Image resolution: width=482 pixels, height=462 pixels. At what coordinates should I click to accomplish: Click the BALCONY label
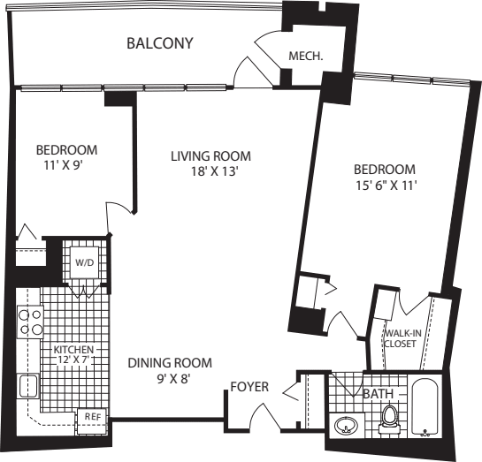tap(159, 43)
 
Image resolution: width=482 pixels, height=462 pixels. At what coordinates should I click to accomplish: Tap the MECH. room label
tap(303, 57)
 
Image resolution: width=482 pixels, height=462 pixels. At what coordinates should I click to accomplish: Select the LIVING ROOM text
tap(210, 156)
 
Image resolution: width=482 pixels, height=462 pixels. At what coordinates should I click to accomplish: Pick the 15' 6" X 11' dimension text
tap(384, 186)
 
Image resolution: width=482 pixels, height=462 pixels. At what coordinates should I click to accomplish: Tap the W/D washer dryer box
tap(85, 262)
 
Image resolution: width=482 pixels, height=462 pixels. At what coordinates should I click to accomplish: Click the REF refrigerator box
tap(92, 416)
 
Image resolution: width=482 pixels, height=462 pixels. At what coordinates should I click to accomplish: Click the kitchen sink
tap(27, 386)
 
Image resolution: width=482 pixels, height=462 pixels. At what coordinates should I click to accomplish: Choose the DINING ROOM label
tap(169, 362)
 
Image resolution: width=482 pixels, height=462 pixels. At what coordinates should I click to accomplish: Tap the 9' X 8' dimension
tap(169, 378)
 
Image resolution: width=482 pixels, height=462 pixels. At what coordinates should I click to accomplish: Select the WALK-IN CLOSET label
tap(400, 338)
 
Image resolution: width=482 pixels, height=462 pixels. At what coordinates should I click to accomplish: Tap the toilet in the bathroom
tap(390, 420)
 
